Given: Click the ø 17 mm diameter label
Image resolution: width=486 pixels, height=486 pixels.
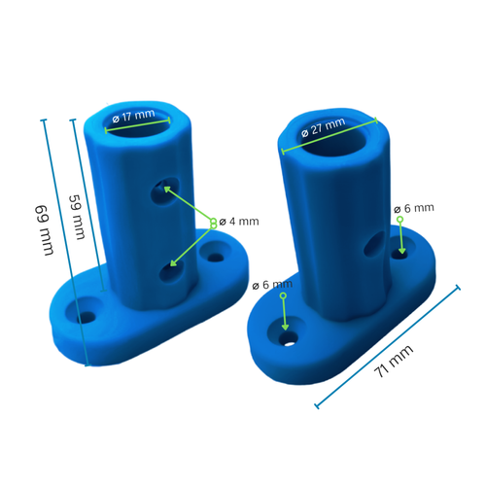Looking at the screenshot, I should (133, 117).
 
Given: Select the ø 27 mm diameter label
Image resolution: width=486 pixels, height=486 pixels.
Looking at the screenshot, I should (323, 127).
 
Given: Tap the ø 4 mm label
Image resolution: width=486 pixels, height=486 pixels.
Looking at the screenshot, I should (239, 221).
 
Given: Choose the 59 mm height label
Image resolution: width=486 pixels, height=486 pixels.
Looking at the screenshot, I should (75, 218).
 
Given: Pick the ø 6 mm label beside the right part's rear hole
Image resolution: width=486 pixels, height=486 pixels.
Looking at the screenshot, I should (414, 208).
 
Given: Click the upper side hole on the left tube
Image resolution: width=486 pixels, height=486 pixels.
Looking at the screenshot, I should (160, 193).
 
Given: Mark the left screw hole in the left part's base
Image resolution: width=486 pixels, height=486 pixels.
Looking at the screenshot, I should (87, 317).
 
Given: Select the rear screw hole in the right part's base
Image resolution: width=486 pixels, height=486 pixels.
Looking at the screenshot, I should (400, 254).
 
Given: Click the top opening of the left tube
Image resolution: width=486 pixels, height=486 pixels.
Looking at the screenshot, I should (138, 123).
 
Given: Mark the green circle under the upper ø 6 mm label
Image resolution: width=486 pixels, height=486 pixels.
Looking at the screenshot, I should (399, 220).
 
